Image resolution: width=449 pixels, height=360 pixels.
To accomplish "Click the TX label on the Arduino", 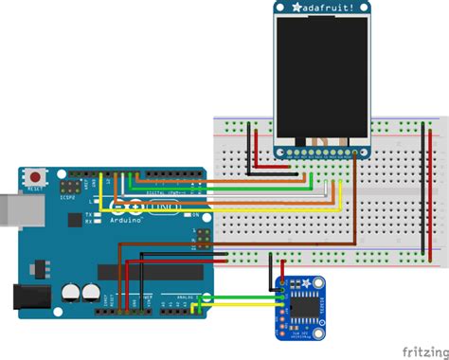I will tap(87, 215).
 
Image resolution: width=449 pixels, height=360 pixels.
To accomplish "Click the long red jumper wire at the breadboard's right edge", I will tap(432, 189).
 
